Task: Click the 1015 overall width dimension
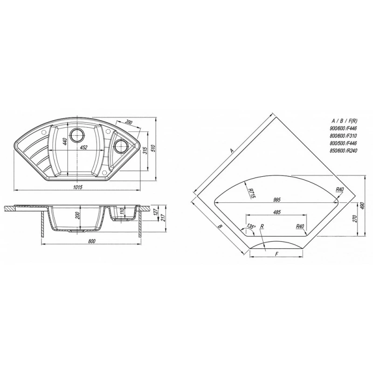pos(77,187)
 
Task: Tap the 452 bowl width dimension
pos(83,147)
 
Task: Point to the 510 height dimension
pos(153,149)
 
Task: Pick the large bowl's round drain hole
pos(77,135)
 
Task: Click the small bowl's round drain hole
pos(120,146)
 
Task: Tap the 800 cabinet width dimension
pos(91,242)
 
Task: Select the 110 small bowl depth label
pos(122,212)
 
